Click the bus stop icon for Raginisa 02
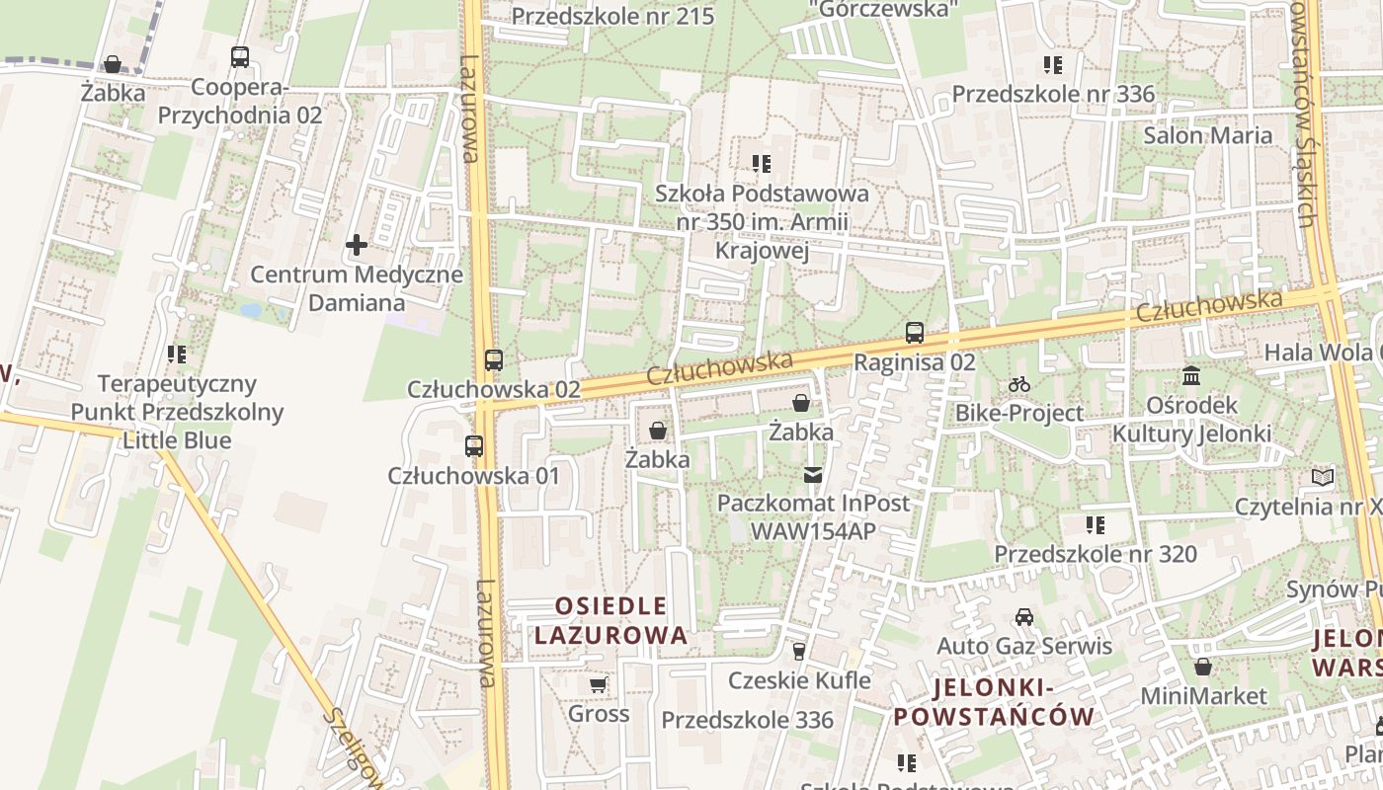(915, 333)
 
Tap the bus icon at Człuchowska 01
(474, 446)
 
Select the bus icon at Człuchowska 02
(494, 360)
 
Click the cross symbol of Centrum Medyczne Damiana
(357, 244)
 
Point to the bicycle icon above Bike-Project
(1019, 384)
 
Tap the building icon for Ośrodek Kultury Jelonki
(1191, 376)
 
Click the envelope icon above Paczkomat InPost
(812, 475)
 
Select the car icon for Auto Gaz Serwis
(1024, 618)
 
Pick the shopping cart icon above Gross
(598, 684)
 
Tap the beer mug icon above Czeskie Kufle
(799, 652)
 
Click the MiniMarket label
(1203, 695)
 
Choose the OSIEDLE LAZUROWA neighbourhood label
(610, 620)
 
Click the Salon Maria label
(1207, 135)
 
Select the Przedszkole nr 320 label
(1096, 554)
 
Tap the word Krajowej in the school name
(762, 251)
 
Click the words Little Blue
(177, 439)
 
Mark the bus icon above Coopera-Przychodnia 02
(240, 57)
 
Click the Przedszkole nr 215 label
(612, 16)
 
